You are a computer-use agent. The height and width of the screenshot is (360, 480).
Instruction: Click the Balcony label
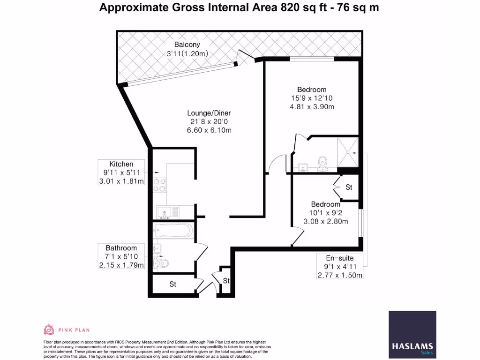tap(187, 45)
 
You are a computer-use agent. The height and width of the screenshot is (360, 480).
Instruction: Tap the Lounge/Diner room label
tap(209, 113)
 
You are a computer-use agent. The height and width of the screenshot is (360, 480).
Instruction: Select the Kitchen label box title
tap(121, 164)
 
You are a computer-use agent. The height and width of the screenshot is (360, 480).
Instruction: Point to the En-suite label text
tap(340, 258)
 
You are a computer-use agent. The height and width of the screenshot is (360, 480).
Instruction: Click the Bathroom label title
tap(121, 248)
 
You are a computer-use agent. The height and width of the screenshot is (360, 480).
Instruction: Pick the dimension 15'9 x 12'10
tap(312, 98)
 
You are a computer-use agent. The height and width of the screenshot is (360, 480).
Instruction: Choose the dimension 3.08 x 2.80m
tap(326, 221)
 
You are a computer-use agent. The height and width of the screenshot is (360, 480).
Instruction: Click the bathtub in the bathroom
tap(173, 231)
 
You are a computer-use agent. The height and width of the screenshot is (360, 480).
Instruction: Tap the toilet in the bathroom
tap(161, 263)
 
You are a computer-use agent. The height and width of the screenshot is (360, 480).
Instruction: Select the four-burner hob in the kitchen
tap(159, 185)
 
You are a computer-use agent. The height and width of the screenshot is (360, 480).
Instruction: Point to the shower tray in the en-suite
tap(347, 152)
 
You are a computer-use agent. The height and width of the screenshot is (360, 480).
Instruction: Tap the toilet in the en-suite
tap(322, 164)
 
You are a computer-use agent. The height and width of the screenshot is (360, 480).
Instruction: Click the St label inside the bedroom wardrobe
tap(349, 187)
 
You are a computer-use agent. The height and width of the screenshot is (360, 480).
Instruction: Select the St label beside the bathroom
tap(172, 285)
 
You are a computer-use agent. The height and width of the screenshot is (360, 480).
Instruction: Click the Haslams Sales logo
tap(412, 335)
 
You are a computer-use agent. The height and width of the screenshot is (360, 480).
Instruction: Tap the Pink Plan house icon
tap(49, 330)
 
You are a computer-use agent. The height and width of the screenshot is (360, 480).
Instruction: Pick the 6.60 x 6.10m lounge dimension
tap(209, 130)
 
